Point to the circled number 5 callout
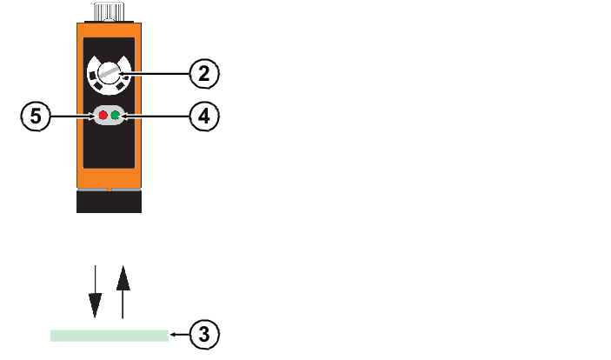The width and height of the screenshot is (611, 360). tap(35, 116)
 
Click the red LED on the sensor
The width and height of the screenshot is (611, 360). tap(103, 116)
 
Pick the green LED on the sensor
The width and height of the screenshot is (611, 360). tap(114, 116)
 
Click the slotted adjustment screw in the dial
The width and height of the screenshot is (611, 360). tap(109, 75)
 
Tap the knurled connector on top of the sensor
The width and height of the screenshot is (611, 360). tap(109, 12)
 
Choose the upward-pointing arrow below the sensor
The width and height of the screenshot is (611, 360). tap(123, 291)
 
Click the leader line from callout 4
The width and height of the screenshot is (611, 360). tap(156, 116)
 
